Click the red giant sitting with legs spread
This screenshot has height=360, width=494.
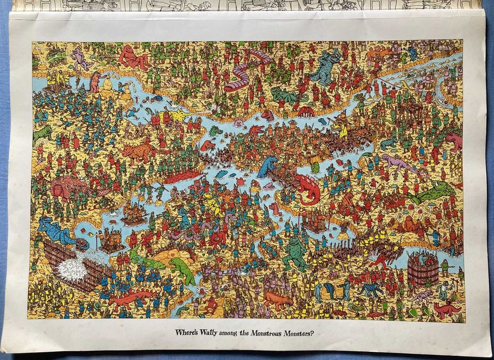pyautogui.click(x=133, y=58)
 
